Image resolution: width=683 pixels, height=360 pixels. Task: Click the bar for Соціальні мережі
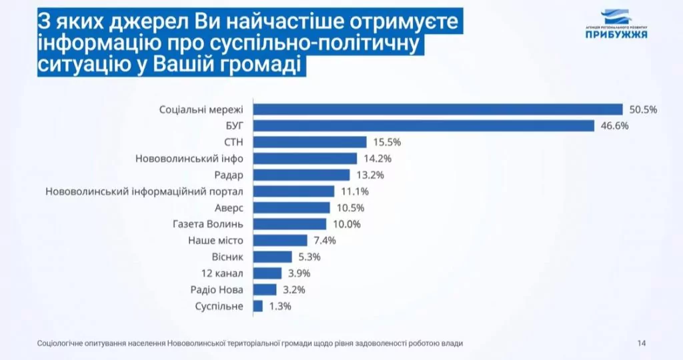click(x=437, y=109)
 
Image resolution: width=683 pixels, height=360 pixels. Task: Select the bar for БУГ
click(x=423, y=125)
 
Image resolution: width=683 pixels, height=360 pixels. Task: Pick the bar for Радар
click(x=301, y=175)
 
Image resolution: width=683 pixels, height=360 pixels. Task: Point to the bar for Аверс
click(x=291, y=207)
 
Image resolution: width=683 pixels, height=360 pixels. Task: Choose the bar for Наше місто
click(x=280, y=240)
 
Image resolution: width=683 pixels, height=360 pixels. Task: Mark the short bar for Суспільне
click(x=257, y=306)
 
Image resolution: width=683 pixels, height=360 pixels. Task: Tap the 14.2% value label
click(x=376, y=159)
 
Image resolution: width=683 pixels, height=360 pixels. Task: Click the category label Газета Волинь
click(x=209, y=224)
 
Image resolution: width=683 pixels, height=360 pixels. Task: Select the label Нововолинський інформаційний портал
click(x=145, y=191)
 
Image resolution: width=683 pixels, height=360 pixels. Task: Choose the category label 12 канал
click(x=222, y=273)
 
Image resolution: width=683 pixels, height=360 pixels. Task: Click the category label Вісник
click(x=227, y=257)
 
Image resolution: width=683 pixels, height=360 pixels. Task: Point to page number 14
click(x=641, y=343)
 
